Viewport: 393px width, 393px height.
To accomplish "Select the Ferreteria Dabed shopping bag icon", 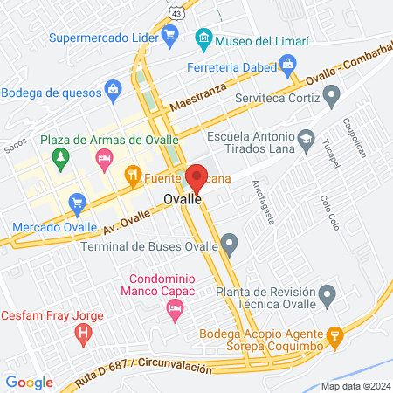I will (286, 63).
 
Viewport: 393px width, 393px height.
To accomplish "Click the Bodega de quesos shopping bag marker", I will (112, 88).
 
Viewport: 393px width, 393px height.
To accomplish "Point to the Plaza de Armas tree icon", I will (60, 158).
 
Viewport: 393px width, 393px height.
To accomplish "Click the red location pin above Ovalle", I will (196, 179).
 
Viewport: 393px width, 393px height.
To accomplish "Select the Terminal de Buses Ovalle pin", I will (229, 242).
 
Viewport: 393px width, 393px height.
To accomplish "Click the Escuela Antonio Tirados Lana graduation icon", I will (307, 139).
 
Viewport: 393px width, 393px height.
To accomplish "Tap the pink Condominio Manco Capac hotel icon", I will (175, 307).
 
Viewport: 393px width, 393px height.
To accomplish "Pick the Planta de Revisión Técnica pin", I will (327, 294).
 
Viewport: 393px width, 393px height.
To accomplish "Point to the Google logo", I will (29, 382).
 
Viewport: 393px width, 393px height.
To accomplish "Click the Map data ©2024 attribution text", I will (355, 385).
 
